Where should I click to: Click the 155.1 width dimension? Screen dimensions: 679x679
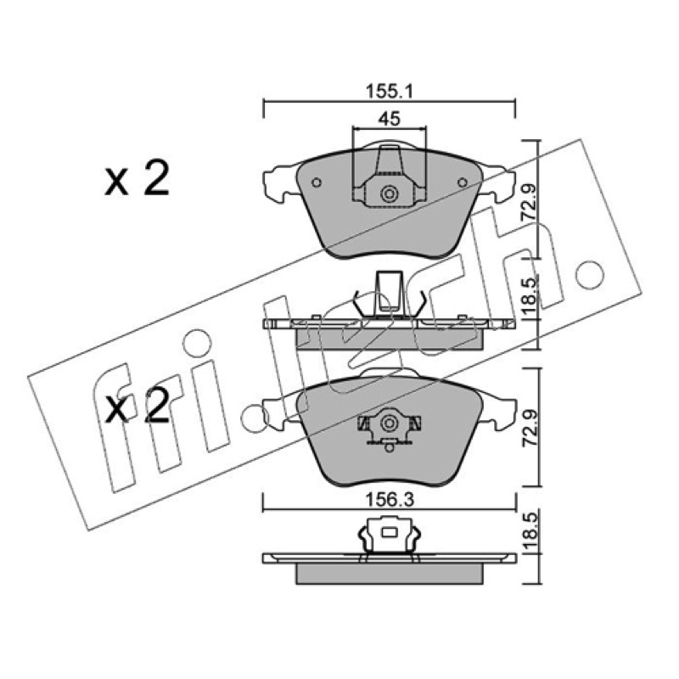390,92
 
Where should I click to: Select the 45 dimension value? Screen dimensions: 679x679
390,119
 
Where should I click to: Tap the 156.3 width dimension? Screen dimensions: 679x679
390,500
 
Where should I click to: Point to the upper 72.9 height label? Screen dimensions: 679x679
529,202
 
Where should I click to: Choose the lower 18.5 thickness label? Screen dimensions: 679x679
529,532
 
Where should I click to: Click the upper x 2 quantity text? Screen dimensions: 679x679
137,178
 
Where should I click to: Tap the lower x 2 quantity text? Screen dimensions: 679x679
137,407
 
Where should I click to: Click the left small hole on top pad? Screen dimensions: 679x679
317,182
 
